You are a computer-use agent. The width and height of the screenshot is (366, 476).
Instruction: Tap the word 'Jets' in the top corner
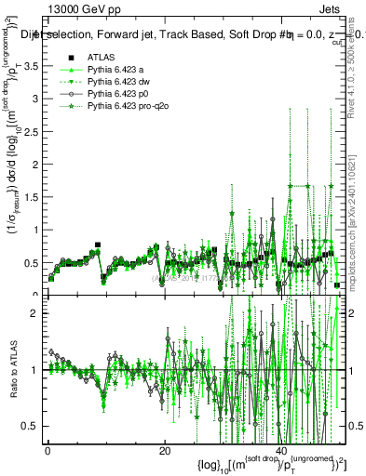pyautogui.click(x=332, y=8)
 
